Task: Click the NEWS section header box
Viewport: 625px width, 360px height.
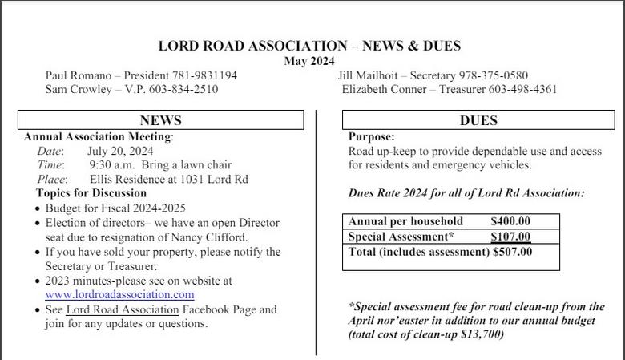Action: tap(160, 120)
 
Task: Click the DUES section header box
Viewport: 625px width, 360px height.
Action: tap(478, 120)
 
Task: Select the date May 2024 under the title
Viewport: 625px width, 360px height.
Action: tap(309, 61)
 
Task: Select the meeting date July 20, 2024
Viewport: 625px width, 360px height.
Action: tap(120, 150)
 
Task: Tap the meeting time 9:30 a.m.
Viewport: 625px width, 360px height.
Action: tap(111, 164)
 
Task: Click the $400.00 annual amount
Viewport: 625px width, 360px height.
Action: tap(510, 221)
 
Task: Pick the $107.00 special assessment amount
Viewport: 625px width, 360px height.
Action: tap(510, 237)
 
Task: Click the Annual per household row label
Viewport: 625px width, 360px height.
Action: tap(405, 221)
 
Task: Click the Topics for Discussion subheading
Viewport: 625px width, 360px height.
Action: tap(91, 193)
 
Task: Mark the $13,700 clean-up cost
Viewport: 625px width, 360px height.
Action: tap(480, 334)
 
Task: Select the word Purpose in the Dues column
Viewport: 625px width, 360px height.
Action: tap(371, 137)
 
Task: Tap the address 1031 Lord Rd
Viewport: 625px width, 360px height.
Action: tap(214, 179)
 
